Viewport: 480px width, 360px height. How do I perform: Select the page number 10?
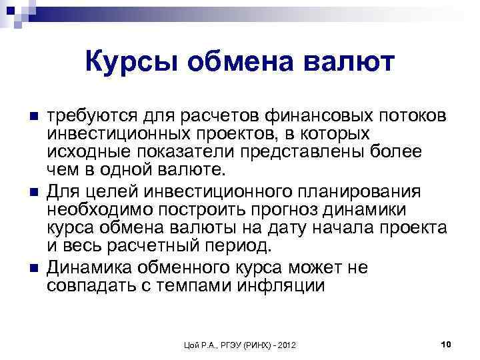coord(447,343)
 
